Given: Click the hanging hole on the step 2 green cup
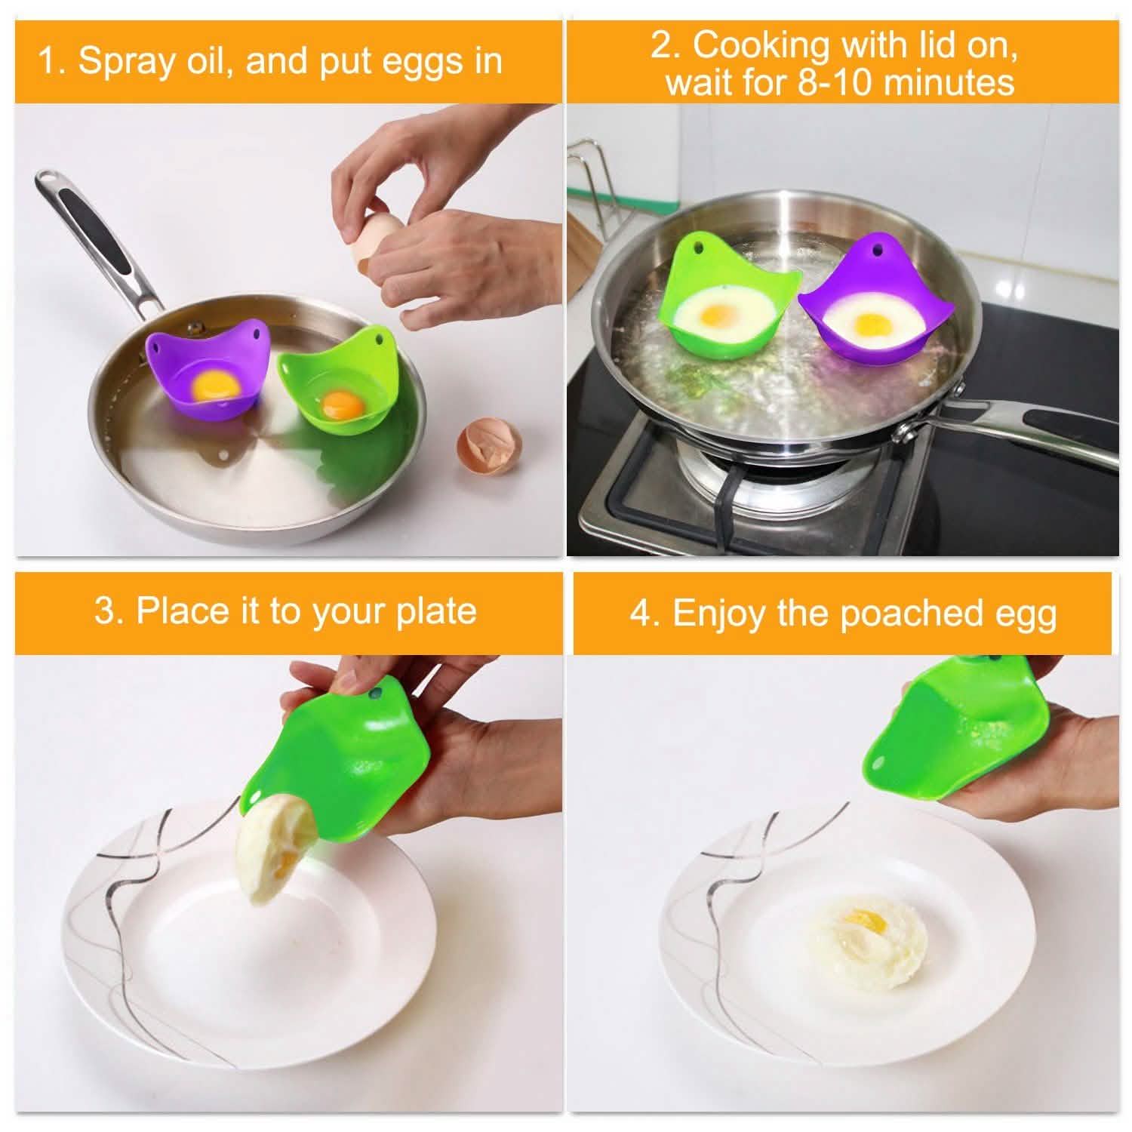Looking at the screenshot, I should tap(699, 246).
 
